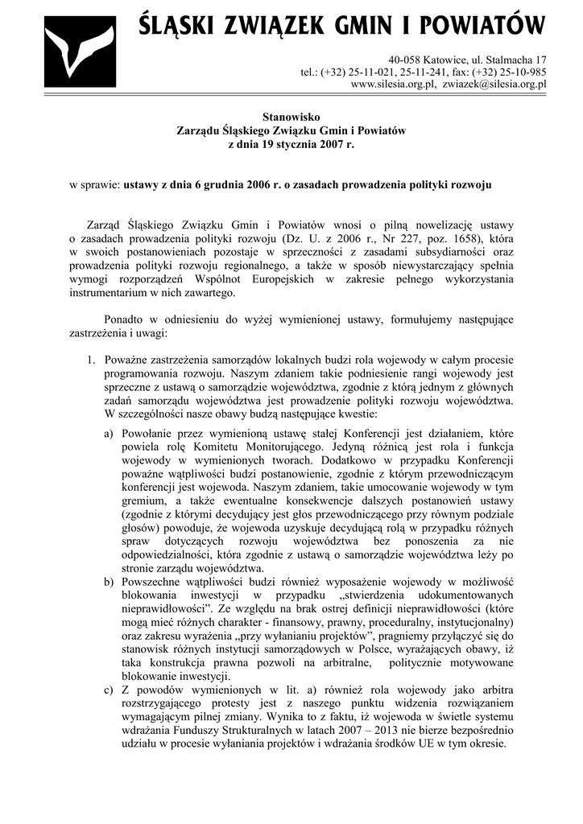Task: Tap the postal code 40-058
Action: (x=408, y=60)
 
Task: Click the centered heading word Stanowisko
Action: (x=291, y=117)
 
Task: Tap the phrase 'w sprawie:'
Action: (x=94, y=184)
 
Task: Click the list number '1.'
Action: (x=93, y=358)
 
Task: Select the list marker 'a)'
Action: (x=108, y=434)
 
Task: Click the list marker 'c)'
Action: (x=108, y=690)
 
